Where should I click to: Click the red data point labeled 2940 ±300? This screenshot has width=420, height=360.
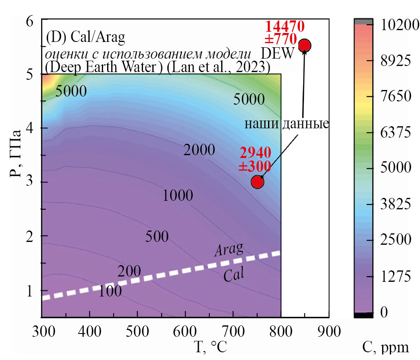pyautogui.click(x=257, y=182)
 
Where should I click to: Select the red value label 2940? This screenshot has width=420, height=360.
pyautogui.click(x=255, y=154)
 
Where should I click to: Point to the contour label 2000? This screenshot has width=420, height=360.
pyautogui.click(x=199, y=150)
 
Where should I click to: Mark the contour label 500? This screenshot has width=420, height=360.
pyautogui.click(x=157, y=237)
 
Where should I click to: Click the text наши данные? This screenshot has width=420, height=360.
pyautogui.click(x=286, y=123)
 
